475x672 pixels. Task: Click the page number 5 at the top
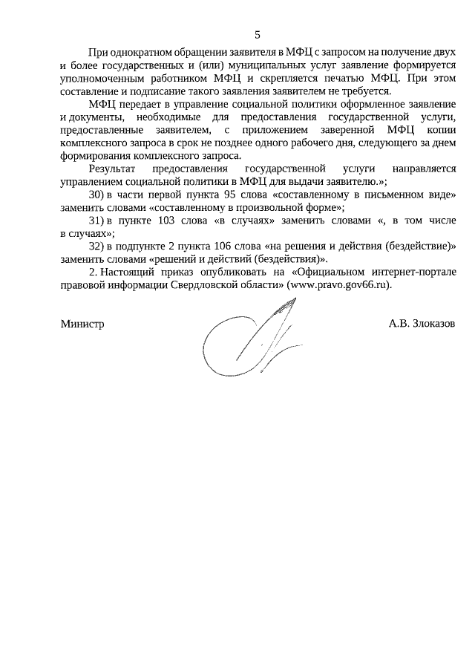point(258,34)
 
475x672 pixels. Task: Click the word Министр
point(82,324)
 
